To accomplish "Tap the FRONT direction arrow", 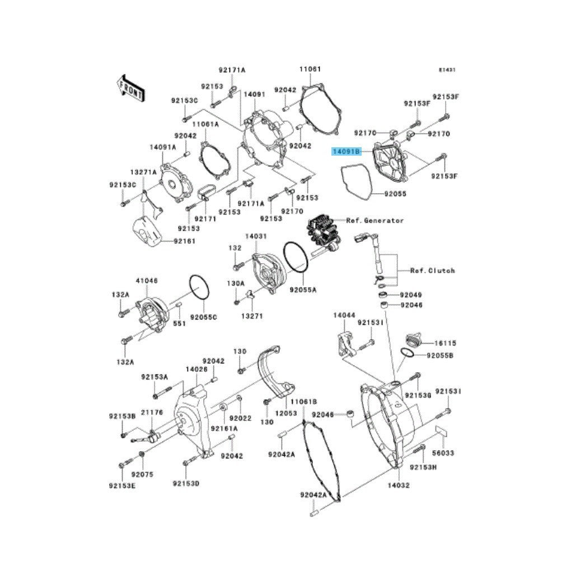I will tap(131, 87).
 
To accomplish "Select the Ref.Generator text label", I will tap(375, 221).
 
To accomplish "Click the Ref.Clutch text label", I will tap(432, 270).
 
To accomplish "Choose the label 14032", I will tap(400, 485).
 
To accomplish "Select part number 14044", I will tap(344, 316).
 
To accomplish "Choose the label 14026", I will tap(196, 369).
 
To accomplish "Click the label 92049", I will tap(411, 295).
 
